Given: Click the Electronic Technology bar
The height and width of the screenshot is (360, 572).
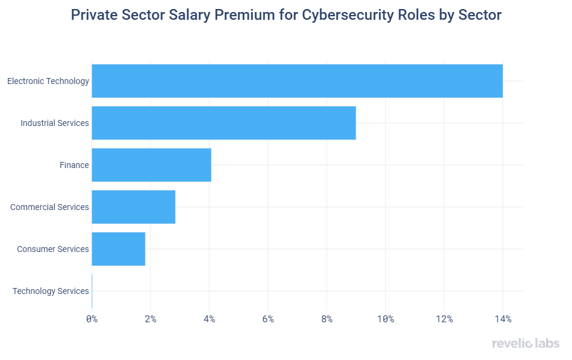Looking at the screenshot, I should click(x=297, y=81).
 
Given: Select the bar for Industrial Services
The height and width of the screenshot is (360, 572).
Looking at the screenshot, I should click(x=224, y=123).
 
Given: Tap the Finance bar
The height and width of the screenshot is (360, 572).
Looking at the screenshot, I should click(x=151, y=165).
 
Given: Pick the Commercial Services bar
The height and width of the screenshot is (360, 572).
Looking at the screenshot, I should click(x=133, y=207).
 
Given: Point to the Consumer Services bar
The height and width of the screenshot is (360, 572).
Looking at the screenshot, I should click(x=118, y=249).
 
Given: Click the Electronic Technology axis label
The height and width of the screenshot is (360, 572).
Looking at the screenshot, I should click(x=48, y=81).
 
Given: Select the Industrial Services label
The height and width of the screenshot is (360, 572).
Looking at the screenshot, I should click(x=55, y=123).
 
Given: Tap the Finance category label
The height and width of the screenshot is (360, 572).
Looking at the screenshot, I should click(x=74, y=165).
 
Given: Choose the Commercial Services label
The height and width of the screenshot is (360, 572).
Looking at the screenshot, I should click(x=50, y=207).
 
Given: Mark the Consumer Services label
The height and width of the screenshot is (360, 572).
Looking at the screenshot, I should click(x=53, y=249).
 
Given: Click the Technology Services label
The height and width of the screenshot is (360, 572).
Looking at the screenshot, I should click(x=51, y=291).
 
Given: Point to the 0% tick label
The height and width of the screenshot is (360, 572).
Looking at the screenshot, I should click(x=92, y=319).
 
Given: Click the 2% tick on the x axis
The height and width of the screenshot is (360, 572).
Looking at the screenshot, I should click(x=150, y=319).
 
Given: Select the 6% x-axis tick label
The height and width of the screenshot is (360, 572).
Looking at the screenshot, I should click(x=268, y=319).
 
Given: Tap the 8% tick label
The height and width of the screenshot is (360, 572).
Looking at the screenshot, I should click(x=327, y=319).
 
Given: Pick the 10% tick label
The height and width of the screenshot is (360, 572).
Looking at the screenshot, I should click(x=385, y=319).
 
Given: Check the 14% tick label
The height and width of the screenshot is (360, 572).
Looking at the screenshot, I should click(x=502, y=319).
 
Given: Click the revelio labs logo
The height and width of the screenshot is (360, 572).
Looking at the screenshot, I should click(x=525, y=344).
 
